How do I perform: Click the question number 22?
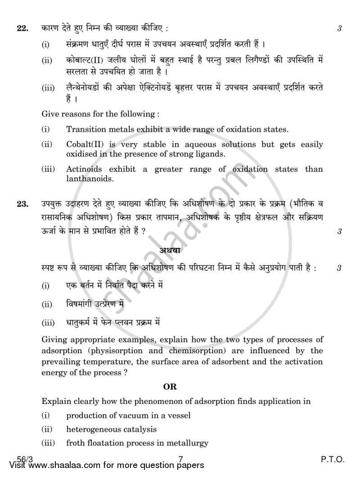[22, 28]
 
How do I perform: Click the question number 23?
[22, 204]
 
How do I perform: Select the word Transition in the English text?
[84, 130]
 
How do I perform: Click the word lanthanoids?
[88, 179]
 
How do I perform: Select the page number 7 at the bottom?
[180, 460]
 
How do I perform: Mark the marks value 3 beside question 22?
[339, 28]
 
